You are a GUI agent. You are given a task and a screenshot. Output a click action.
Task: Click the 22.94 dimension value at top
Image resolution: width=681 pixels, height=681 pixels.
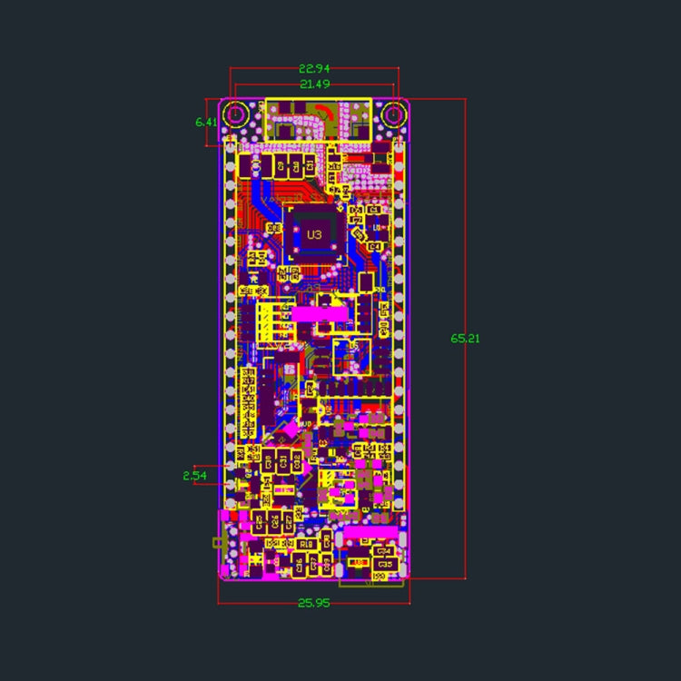coord(313,68)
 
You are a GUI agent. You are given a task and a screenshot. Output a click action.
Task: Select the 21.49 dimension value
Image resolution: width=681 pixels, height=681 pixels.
coord(313,84)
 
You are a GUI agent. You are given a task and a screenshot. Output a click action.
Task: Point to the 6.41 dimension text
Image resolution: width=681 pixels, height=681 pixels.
coord(206,122)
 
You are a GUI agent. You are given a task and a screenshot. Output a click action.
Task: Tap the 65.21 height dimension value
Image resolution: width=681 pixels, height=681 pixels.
coord(465,338)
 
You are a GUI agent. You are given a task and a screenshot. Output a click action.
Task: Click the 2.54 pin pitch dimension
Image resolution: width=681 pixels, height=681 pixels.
coord(195,475)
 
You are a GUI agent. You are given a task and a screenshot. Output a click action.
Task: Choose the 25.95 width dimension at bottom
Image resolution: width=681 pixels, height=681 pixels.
coord(313,603)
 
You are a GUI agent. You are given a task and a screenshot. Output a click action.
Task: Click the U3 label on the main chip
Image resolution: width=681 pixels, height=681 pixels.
coord(314,234)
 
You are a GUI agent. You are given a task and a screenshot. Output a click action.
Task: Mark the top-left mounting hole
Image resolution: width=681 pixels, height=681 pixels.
coord(237,114)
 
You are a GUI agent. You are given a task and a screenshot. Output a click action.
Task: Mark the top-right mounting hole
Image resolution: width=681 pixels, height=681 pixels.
coord(393,114)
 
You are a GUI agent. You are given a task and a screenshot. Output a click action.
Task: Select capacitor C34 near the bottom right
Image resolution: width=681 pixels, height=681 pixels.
coord(383,550)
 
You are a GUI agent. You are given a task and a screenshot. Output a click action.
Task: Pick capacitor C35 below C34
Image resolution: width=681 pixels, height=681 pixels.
coord(384,564)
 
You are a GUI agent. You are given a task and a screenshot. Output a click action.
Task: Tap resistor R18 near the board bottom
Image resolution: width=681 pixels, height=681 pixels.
coord(306,544)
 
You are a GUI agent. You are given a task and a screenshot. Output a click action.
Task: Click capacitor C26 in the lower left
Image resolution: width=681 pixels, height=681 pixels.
coord(274,521)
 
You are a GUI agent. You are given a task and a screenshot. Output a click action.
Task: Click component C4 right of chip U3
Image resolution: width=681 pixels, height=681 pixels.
coord(375,246)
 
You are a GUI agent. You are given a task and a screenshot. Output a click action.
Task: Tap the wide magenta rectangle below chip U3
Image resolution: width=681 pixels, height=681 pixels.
coord(317,313)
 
